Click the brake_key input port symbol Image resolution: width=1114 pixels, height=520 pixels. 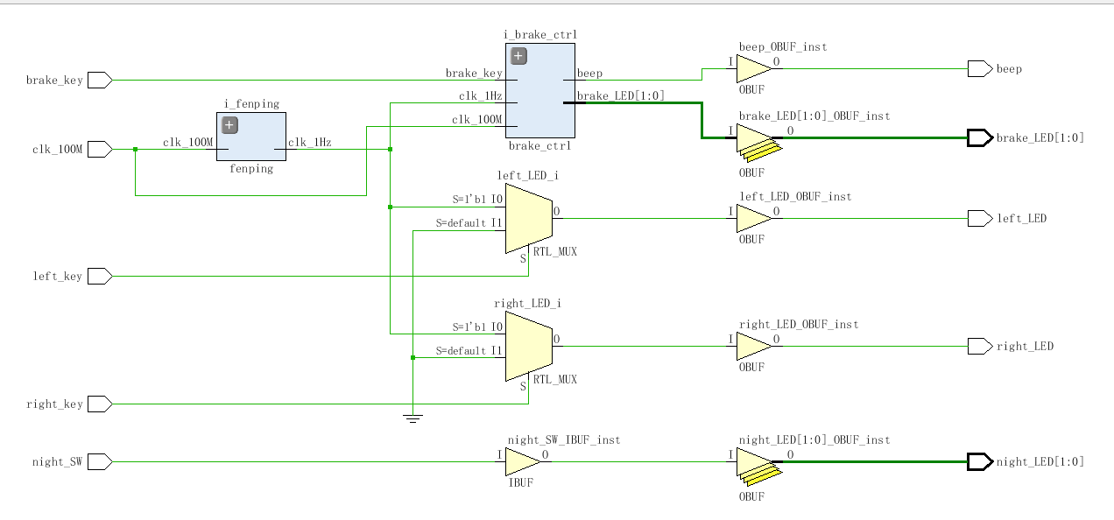(100, 80)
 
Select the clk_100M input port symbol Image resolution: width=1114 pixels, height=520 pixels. (100, 149)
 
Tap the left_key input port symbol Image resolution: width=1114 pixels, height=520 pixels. (100, 276)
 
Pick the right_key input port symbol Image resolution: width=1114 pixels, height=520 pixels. (100, 404)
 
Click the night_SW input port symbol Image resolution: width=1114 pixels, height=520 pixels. (100, 462)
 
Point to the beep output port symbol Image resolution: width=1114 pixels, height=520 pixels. (980, 68)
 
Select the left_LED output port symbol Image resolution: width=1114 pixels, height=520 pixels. (980, 218)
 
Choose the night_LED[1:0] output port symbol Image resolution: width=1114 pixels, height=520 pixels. (980, 462)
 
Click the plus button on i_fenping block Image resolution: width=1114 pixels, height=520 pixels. (229, 125)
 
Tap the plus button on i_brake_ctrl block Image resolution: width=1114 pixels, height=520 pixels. (518, 56)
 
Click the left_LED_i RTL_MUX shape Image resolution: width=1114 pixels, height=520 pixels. (529, 218)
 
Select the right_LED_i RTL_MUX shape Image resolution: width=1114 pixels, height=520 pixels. (529, 346)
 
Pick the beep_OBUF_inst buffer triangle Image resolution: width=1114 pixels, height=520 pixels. (754, 68)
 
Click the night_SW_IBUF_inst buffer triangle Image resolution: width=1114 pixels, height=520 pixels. (523, 462)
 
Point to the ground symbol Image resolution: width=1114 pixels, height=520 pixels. (412, 418)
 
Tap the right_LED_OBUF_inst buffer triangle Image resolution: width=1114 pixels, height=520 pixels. (754, 346)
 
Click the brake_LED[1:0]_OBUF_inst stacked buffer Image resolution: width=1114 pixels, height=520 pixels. (758, 143)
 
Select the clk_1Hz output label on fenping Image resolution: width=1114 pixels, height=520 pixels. (310, 142)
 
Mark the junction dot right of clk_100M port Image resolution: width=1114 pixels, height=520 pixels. (135, 149)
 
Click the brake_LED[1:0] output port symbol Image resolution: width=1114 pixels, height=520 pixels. (980, 137)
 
